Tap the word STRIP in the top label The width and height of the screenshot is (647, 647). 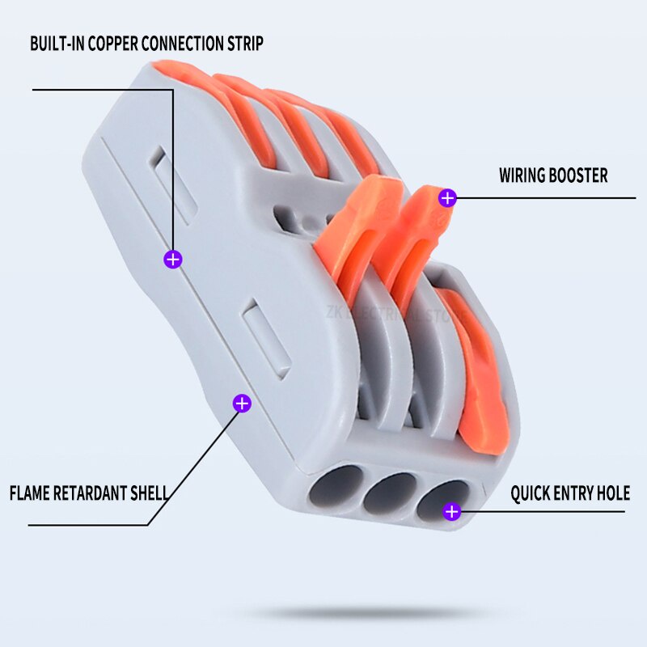pyautogui.click(x=243, y=44)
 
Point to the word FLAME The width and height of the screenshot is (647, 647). pyautogui.click(x=30, y=493)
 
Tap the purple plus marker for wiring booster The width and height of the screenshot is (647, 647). pyautogui.click(x=447, y=197)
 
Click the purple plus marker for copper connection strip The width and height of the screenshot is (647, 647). pyautogui.click(x=173, y=260)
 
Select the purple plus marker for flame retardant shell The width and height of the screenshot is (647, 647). pyautogui.click(x=241, y=403)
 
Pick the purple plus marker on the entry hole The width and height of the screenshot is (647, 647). pyautogui.click(x=452, y=511)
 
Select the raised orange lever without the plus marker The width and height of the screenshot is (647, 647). pyautogui.click(x=356, y=226)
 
